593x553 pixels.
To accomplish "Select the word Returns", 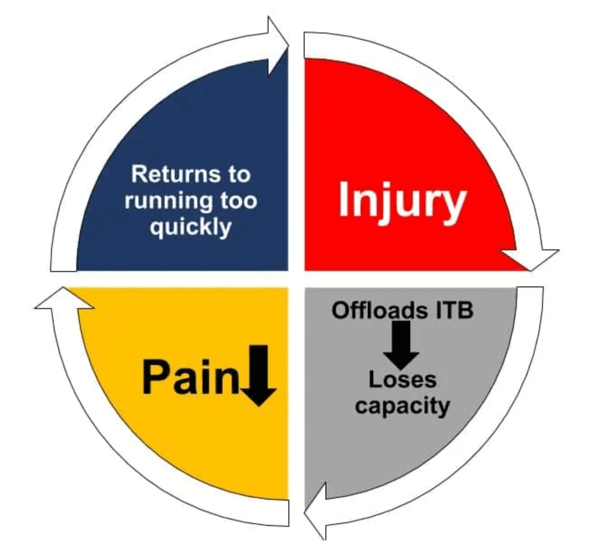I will tap(173, 174).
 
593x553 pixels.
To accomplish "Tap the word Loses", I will tap(402, 380).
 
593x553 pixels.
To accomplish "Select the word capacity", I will tap(402, 405).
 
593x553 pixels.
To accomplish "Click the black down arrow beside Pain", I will tap(259, 375).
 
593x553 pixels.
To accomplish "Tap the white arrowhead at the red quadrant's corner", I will tap(533, 258).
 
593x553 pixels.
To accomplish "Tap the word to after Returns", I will tap(239, 174).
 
